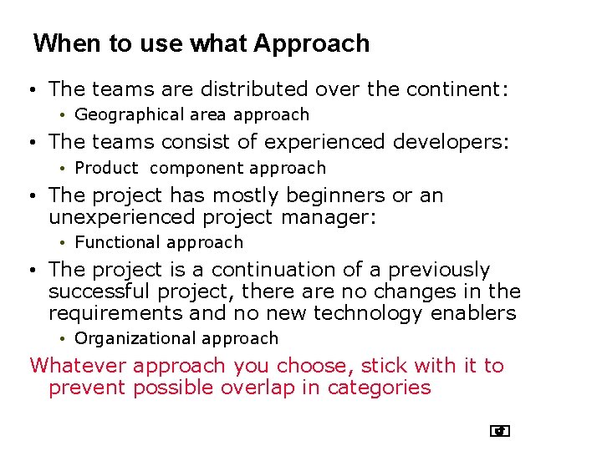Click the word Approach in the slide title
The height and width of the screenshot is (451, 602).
(x=311, y=43)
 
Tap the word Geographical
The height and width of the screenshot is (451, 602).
(x=129, y=114)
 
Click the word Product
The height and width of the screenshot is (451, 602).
(x=106, y=168)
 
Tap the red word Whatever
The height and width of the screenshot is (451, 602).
(x=78, y=366)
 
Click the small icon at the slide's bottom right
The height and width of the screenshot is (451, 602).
(x=500, y=431)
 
